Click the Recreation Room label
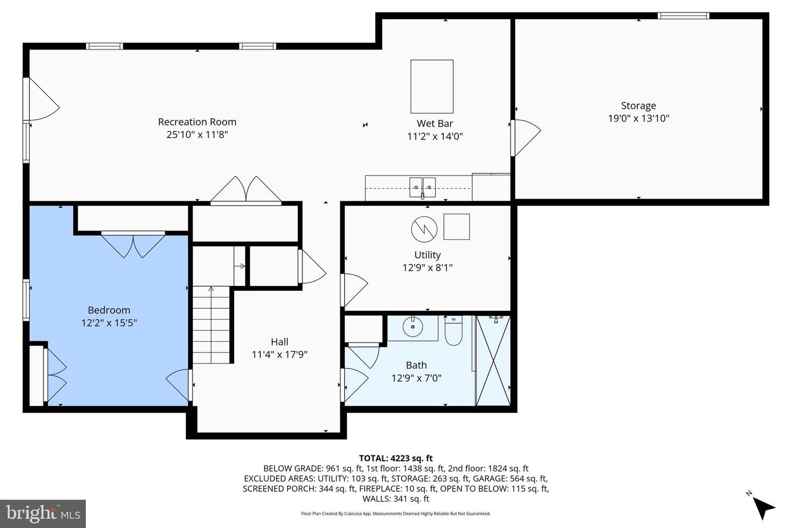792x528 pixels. click(x=197, y=122)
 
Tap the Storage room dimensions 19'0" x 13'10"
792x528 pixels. click(x=638, y=118)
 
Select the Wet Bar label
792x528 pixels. click(x=435, y=124)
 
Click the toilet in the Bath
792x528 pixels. click(x=453, y=332)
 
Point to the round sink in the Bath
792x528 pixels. click(x=412, y=328)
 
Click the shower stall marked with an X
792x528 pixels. click(x=492, y=360)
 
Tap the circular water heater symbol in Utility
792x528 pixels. click(x=424, y=228)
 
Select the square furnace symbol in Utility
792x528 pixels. click(x=457, y=227)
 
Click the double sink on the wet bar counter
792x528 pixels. click(x=422, y=187)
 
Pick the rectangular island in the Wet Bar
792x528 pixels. click(x=432, y=86)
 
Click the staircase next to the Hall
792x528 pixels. click(x=211, y=324)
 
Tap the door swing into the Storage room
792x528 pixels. click(x=525, y=137)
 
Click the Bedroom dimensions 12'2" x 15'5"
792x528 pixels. click(x=109, y=323)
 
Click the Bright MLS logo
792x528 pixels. click(x=43, y=514)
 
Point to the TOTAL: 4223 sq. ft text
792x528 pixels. click(x=395, y=458)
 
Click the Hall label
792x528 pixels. click(x=279, y=342)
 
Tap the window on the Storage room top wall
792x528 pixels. click(x=684, y=16)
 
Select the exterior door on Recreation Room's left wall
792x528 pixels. click(x=41, y=99)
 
